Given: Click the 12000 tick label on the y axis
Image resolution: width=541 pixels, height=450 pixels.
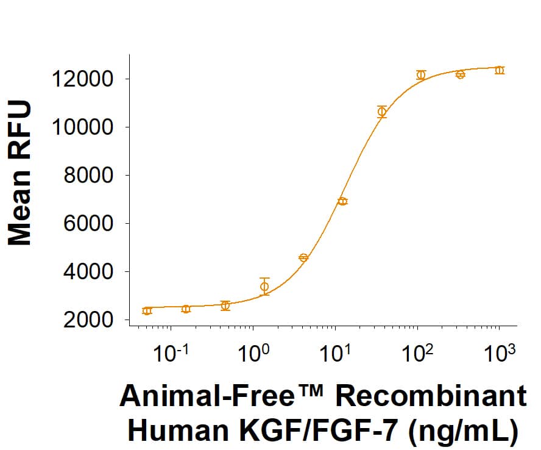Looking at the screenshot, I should click(83, 79).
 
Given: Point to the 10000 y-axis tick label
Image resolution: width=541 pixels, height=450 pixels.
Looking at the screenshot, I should click(83, 127).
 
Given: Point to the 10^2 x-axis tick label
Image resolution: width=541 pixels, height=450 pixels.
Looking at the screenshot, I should click(419, 353).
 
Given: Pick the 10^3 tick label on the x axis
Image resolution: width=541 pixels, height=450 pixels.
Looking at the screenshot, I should click(501, 353).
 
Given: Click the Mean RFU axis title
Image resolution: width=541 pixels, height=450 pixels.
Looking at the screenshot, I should click(19, 174).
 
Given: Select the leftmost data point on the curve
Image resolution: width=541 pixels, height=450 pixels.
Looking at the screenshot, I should click(147, 311).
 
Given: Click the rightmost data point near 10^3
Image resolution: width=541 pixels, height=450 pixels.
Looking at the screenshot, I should click(500, 70).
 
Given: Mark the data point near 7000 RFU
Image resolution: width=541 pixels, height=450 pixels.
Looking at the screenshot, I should click(342, 201).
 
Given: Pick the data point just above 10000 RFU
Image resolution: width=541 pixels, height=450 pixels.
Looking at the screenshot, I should click(382, 112).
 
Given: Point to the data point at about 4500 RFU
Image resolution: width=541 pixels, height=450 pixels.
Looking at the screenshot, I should click(303, 257).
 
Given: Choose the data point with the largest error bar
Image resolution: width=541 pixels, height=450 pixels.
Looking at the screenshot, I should click(264, 287).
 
